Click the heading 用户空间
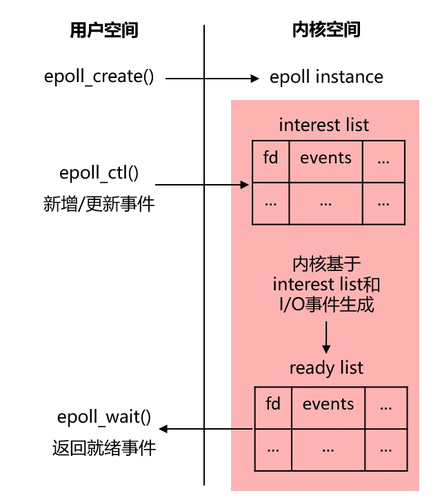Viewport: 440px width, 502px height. point(103,30)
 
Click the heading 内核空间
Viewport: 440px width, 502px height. point(326,30)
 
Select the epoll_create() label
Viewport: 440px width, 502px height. point(99,77)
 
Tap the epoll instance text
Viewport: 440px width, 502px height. point(326,77)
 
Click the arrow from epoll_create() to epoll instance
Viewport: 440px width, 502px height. point(212,79)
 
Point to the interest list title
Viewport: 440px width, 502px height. point(323,125)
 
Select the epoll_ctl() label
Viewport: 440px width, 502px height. point(99,173)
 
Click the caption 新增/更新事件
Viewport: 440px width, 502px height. point(99,204)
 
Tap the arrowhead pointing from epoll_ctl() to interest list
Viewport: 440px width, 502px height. point(245,185)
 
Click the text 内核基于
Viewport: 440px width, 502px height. point(326,264)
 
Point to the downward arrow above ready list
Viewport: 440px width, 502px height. point(326,337)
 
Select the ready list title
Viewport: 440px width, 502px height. point(326,368)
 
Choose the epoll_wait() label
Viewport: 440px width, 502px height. point(103,417)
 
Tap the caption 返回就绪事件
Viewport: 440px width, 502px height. point(103,448)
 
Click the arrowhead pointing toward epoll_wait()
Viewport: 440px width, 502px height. point(163,429)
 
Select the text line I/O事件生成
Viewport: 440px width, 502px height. point(326,305)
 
